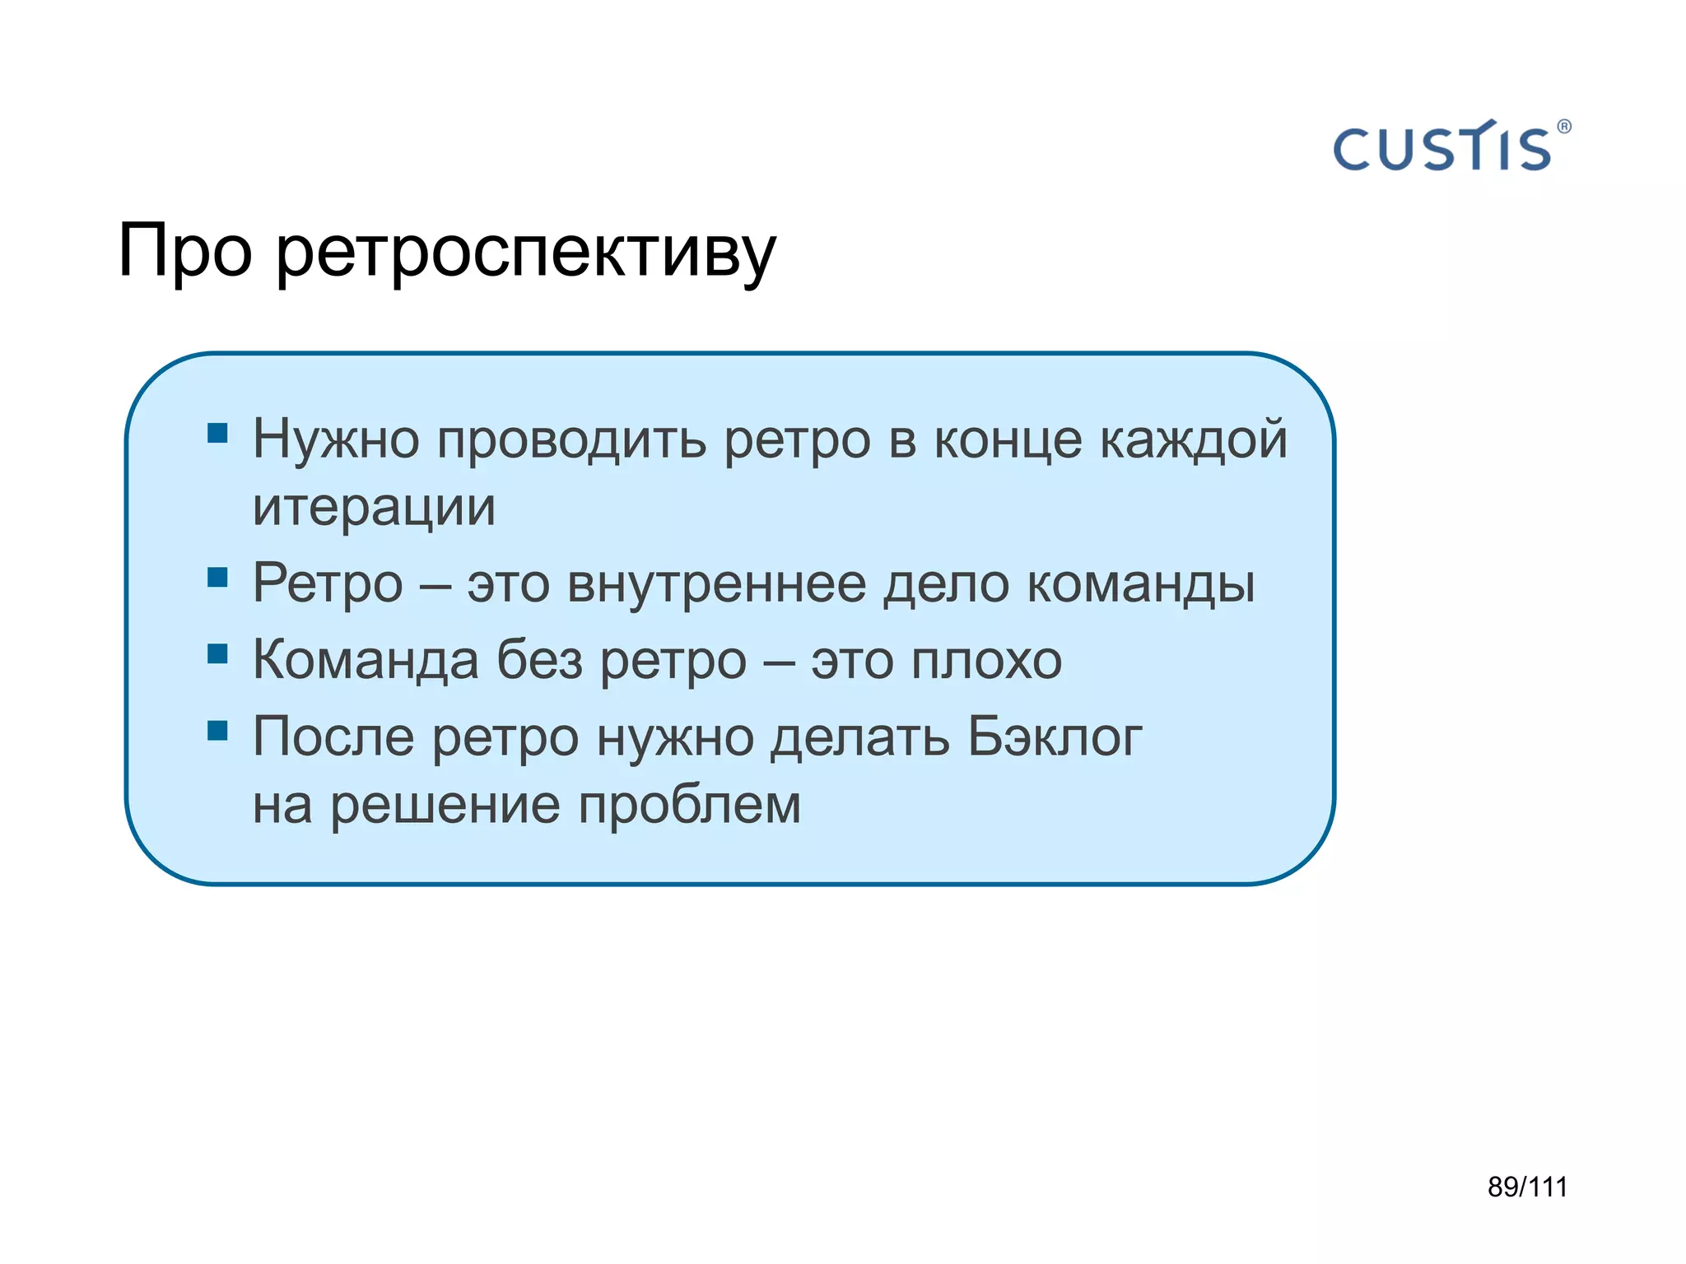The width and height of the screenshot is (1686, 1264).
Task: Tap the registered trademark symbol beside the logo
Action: (x=1564, y=127)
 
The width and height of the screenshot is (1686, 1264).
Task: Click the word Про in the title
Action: (x=184, y=251)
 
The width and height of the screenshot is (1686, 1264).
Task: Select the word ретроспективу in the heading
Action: (x=525, y=255)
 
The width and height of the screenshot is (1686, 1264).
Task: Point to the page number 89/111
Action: (x=1527, y=1187)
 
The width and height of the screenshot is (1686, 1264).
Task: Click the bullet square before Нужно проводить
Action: (x=217, y=433)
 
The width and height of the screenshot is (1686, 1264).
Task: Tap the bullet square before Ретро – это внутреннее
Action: (x=217, y=577)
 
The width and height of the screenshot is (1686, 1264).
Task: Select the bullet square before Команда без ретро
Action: (x=217, y=653)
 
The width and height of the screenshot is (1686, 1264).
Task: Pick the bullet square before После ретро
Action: (x=217, y=730)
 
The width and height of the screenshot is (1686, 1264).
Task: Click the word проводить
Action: (x=571, y=440)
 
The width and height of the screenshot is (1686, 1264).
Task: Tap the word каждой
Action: (x=1194, y=440)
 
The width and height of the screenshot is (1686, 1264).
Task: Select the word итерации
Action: (x=374, y=509)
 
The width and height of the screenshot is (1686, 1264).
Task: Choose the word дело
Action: (x=946, y=586)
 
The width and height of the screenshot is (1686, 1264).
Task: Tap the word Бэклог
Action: (x=1054, y=737)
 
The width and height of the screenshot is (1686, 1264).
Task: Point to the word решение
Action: (x=445, y=805)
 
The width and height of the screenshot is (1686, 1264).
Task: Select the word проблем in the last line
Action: (x=689, y=805)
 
